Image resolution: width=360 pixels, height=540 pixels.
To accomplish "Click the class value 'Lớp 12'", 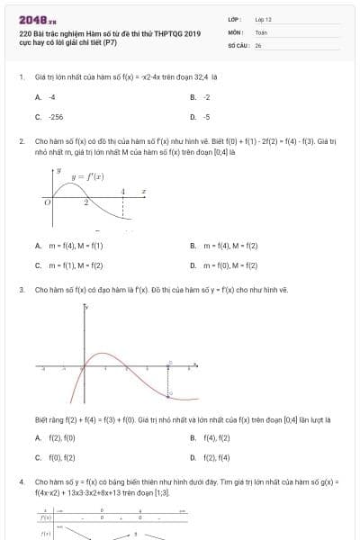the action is coord(263,19).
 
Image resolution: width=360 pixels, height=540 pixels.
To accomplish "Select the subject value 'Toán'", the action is coord(261,31).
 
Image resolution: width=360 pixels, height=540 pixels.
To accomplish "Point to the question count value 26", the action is coord(257,44).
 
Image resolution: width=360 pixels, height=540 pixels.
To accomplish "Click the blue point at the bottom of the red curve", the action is coord(169,396).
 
